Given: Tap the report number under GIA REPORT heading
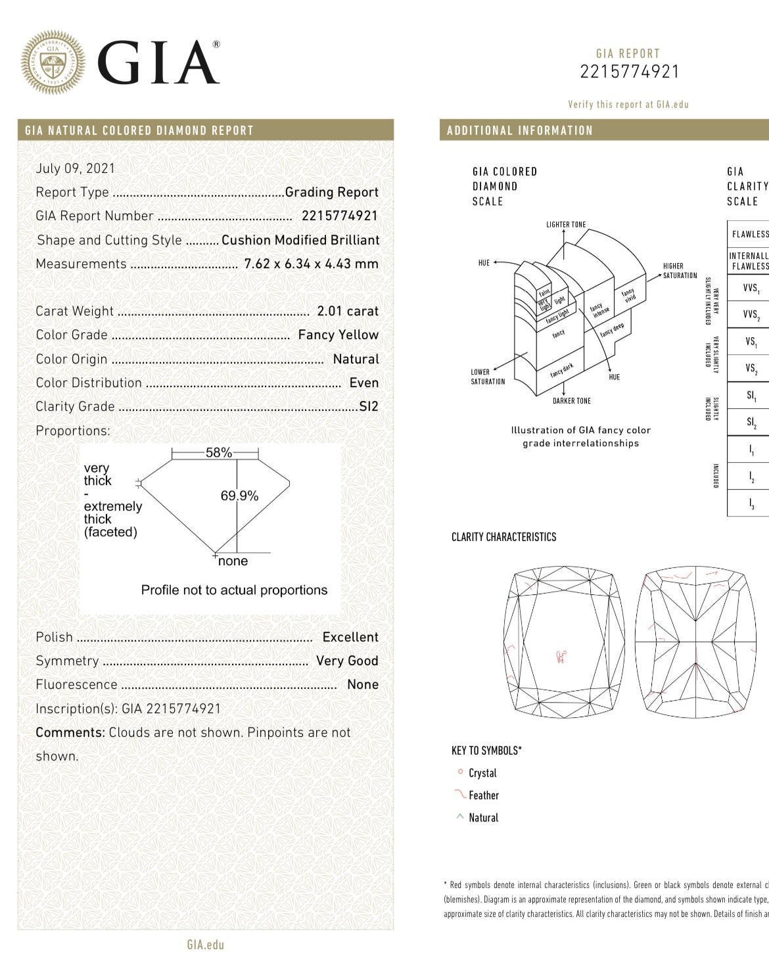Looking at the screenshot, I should [629, 72].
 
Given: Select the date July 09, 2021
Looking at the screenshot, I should [76, 168].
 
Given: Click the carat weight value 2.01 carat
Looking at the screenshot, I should [348, 311].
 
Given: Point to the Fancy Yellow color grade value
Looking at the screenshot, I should [338, 335].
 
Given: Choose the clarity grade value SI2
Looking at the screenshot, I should [369, 406].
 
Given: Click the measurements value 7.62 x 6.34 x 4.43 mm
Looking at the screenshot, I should [312, 264].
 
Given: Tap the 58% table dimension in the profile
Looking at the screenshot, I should [219, 453].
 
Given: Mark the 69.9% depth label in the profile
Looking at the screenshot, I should [239, 496].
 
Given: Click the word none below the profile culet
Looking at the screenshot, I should [233, 561].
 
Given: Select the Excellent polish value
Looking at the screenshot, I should [350, 637].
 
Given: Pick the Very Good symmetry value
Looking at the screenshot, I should [347, 661].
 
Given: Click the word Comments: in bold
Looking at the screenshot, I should [70, 732].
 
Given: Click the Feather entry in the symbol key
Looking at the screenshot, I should [484, 795].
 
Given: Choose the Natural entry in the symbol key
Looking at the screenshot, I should [484, 818].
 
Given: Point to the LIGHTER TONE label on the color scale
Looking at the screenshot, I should [566, 225].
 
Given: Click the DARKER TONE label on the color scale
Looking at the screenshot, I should [572, 401].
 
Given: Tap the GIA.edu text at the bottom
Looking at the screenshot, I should [206, 945].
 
